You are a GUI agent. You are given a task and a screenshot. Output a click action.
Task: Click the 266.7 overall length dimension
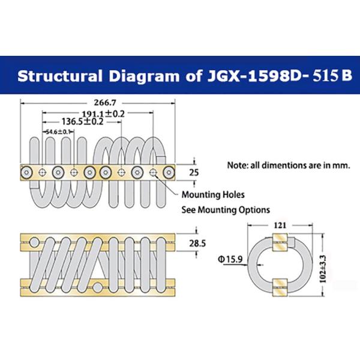click(105, 103)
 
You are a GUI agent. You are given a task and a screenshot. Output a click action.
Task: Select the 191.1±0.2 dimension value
click(103, 113)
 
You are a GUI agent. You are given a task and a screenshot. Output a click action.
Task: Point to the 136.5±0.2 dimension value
click(83, 121)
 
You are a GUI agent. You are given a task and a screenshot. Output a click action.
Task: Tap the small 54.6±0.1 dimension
click(58, 132)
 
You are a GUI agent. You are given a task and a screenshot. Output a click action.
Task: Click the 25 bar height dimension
click(194, 172)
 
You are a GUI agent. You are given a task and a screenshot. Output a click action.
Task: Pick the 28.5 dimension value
click(197, 244)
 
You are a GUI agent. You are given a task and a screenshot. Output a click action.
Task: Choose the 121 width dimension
click(280, 225)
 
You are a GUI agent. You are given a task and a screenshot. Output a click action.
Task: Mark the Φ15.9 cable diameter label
click(230, 259)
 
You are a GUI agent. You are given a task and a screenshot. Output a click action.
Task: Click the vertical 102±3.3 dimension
click(323, 269)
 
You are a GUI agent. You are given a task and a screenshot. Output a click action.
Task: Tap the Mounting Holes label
click(213, 194)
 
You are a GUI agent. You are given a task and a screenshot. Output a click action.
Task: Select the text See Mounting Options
click(226, 210)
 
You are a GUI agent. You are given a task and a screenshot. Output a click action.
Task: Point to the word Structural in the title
click(59, 76)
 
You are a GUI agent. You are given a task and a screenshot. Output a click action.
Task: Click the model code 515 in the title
click(326, 76)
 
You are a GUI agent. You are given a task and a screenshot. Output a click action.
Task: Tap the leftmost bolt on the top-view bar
click(26, 172)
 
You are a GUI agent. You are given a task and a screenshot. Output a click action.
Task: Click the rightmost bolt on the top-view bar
click(169, 172)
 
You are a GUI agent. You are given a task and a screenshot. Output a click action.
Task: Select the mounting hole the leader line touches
click(153, 172)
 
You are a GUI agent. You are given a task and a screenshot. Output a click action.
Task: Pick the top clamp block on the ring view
click(280, 242)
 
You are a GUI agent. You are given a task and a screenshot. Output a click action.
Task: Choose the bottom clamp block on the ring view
click(280, 287)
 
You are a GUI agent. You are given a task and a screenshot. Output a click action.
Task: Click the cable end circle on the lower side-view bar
click(98, 287)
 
